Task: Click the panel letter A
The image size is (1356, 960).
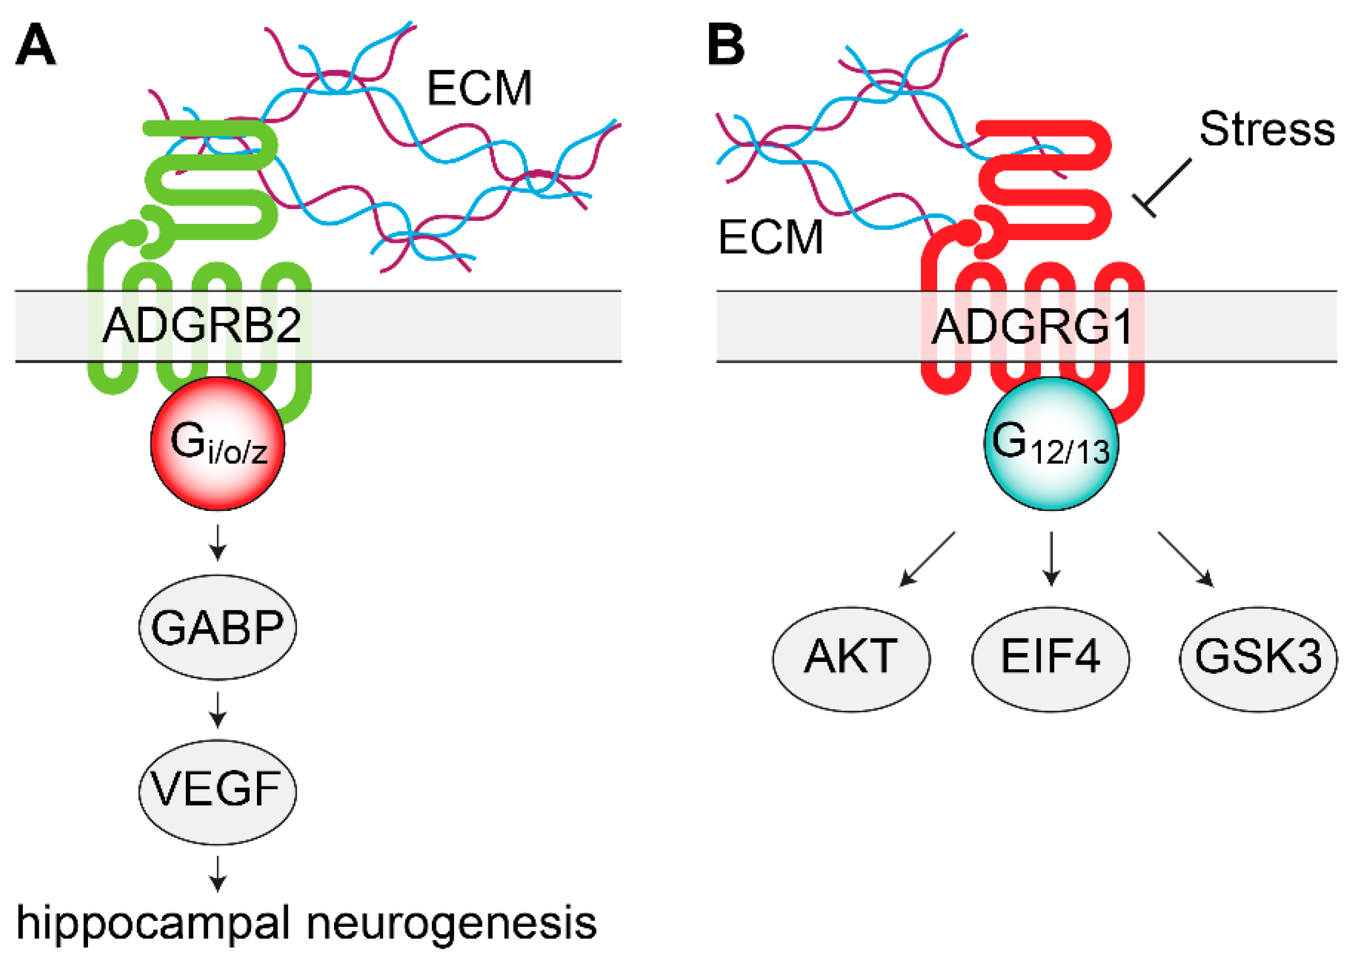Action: click(x=35, y=45)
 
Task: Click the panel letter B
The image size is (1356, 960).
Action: click(x=726, y=45)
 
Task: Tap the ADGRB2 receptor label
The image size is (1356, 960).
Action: click(x=201, y=326)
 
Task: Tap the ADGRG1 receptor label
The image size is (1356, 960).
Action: click(x=1031, y=327)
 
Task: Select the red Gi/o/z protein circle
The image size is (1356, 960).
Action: click(x=218, y=444)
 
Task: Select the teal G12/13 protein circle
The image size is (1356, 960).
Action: click(x=1051, y=444)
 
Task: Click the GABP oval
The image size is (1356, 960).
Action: click(x=218, y=627)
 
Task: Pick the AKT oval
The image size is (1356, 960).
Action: click(x=851, y=659)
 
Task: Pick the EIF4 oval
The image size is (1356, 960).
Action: click(x=1050, y=659)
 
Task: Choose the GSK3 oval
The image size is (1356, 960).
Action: click(x=1258, y=659)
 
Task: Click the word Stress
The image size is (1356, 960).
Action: click(x=1267, y=129)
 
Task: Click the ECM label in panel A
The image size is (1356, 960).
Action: click(x=479, y=89)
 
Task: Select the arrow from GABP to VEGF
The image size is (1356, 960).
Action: click(x=218, y=710)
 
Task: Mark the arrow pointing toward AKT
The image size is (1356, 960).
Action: click(x=926, y=560)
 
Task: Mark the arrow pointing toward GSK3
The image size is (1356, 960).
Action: click(x=1186, y=560)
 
